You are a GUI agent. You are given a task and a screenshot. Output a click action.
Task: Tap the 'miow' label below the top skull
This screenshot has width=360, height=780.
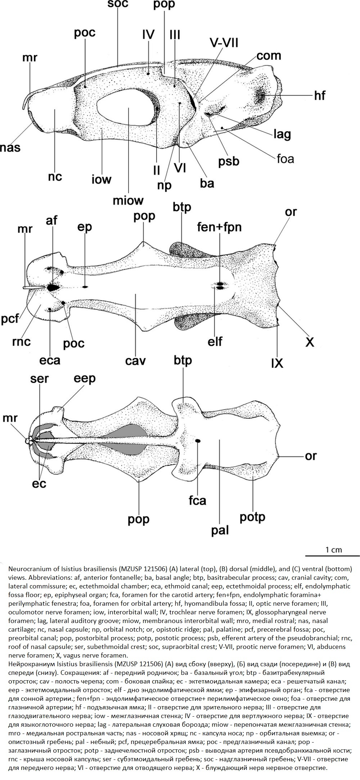click(128, 200)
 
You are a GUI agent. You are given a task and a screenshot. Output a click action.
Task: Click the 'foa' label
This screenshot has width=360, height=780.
click(285, 158)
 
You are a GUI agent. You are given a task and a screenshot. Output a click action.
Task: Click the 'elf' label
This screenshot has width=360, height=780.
click(215, 341)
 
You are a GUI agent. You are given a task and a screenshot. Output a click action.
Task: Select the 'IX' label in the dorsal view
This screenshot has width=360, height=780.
click(277, 363)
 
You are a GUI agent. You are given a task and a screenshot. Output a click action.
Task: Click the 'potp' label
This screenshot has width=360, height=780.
click(252, 517)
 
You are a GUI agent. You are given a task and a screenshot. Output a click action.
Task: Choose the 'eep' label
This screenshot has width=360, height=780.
click(85, 379)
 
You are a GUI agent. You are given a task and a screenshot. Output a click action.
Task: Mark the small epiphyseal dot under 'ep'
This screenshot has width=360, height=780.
click(85, 287)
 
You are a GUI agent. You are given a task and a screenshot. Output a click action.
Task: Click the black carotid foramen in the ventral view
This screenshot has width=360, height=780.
click(198, 440)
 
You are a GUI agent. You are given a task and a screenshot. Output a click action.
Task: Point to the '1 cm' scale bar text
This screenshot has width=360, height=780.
click(334, 550)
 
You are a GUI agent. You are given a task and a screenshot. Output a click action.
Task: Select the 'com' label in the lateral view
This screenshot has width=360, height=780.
click(269, 55)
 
